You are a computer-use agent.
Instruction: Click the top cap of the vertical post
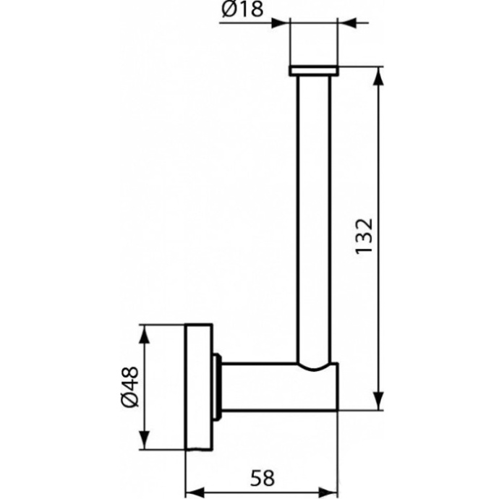tap(314, 70)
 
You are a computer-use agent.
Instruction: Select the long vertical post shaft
tap(314, 217)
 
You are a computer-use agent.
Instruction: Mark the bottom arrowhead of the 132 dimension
tap(378, 405)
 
